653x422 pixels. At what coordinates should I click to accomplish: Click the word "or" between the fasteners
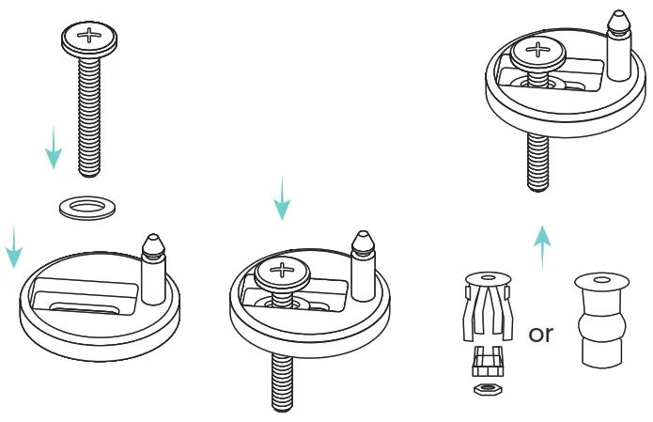coord(541,334)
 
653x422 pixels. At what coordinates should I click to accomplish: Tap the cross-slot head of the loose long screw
coord(89,39)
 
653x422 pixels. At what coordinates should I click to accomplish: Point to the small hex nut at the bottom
coord(486,387)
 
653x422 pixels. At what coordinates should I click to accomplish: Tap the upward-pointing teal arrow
coord(542,246)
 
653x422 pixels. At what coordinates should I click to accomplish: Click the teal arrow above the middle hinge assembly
coord(280,198)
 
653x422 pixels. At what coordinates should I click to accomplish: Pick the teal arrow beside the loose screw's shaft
coord(54,147)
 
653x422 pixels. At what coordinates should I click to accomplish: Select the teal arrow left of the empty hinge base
coord(13,245)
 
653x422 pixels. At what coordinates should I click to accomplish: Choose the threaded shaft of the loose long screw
coord(89,113)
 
